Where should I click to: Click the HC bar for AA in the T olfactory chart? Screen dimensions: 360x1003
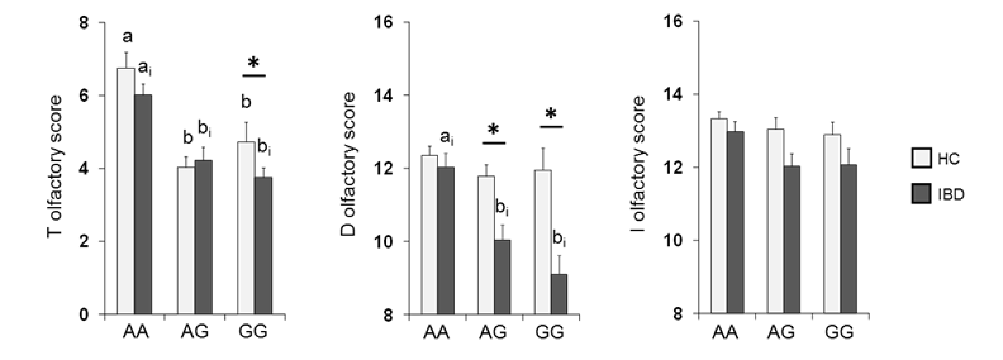point(126,191)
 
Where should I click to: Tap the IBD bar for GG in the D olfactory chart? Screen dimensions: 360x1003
point(559,294)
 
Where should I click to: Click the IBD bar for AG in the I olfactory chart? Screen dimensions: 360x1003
point(792,239)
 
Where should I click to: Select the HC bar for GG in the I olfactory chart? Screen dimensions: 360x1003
point(832,223)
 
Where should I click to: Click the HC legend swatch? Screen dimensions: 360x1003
point(921,158)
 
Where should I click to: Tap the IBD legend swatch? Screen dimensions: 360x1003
point(921,193)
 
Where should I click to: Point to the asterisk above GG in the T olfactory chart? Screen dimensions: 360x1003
point(254,63)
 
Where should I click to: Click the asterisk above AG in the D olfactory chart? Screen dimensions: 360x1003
point(493,130)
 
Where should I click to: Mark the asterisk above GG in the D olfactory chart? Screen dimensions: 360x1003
point(551,114)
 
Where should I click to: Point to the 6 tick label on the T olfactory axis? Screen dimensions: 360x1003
point(84,96)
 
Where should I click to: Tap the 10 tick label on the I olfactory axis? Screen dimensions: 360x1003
point(672,240)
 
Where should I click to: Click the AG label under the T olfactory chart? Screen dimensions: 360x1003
point(195,332)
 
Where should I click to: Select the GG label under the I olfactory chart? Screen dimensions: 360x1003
point(839,332)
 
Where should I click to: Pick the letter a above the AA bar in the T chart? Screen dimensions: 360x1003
point(127,37)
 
